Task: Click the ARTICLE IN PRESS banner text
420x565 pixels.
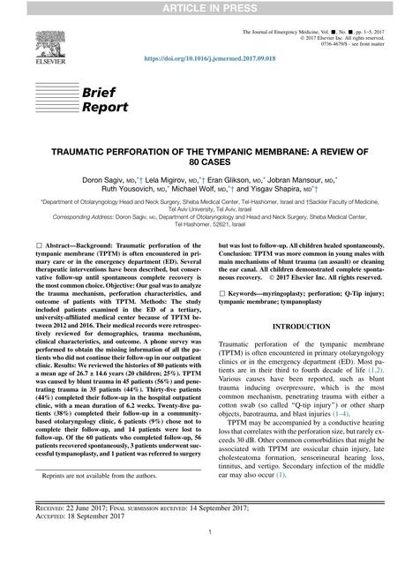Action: pos(209,8)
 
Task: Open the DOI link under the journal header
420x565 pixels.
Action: pos(209,64)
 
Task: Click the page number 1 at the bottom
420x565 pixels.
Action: pos(209,555)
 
